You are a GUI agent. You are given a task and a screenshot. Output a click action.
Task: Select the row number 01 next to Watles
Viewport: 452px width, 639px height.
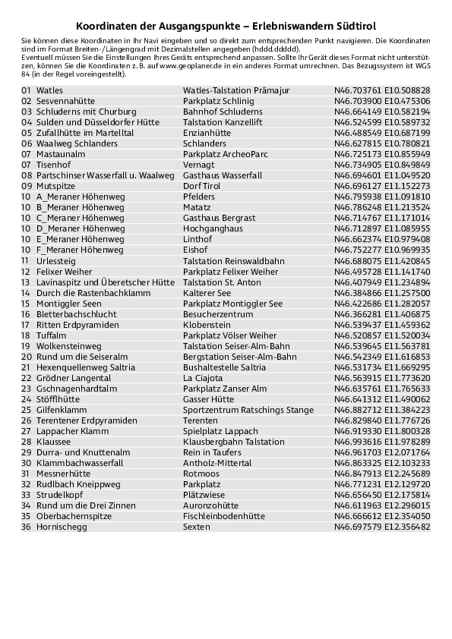(x=26, y=90)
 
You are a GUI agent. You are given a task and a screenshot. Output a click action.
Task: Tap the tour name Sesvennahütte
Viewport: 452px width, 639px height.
(x=65, y=101)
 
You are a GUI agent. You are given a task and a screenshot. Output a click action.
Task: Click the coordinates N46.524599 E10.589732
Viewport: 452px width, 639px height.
(x=381, y=122)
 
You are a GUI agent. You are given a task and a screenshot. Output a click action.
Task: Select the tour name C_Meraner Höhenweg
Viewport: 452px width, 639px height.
(x=80, y=218)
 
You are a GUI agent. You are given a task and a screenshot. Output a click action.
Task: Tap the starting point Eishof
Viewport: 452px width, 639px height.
(x=195, y=250)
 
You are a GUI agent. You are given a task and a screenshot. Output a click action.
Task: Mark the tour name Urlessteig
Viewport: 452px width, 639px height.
(x=55, y=260)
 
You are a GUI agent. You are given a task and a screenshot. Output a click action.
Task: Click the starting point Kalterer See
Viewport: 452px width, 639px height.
(x=207, y=292)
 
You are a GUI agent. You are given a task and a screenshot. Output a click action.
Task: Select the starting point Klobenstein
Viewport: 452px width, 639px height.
(x=207, y=324)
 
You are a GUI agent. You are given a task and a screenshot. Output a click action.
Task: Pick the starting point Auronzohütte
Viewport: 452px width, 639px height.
(x=210, y=505)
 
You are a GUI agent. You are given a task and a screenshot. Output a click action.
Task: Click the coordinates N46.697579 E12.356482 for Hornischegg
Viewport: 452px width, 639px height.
(x=381, y=526)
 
